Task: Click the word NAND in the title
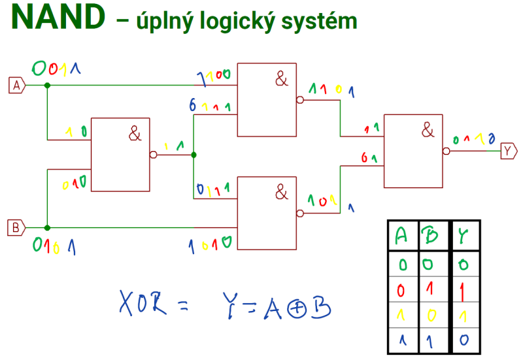[58, 18]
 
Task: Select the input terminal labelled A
[16, 85]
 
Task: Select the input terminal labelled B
[16, 227]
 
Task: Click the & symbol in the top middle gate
[281, 80]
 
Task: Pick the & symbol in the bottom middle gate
[281, 192]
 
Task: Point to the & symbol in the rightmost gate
[428, 131]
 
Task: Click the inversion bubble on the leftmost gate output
[154, 155]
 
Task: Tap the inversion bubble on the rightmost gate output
[447, 151]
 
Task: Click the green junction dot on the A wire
[47, 85]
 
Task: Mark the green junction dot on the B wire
[47, 227]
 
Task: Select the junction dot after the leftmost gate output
[194, 155]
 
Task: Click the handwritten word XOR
[144, 304]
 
